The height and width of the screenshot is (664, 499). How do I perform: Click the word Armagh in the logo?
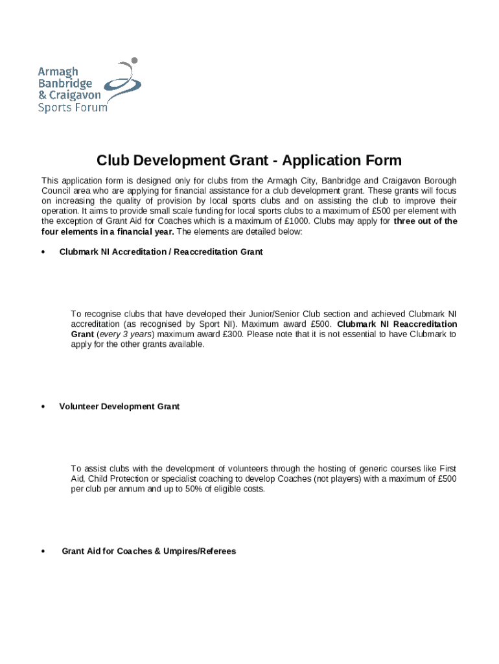tap(58, 72)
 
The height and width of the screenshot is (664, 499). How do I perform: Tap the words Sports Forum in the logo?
tap(73, 108)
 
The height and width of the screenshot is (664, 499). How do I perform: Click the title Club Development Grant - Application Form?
tap(249, 161)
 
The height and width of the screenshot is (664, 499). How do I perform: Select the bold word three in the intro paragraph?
tap(407, 221)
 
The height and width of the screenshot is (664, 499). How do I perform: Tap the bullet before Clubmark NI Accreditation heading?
tap(43, 252)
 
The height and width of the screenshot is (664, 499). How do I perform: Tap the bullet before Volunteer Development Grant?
tap(43, 407)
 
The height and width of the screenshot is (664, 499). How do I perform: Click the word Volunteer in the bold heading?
tap(79, 407)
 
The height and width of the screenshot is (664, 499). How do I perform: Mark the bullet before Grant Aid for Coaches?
tap(43, 552)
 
